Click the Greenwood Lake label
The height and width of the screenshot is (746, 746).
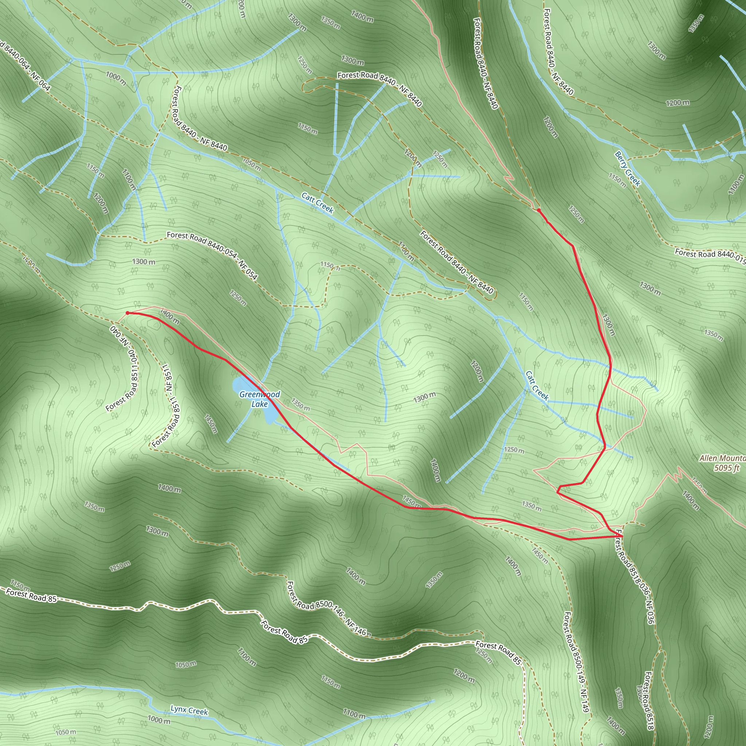(259, 399)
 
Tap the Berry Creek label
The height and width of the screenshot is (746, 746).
(628, 169)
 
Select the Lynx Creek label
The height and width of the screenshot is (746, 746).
(189, 710)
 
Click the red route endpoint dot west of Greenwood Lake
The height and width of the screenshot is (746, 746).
(127, 313)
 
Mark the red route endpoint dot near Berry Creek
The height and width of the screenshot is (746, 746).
(539, 210)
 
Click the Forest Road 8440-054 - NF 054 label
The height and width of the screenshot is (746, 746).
(212, 255)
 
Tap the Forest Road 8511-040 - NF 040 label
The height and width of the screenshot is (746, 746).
(124, 369)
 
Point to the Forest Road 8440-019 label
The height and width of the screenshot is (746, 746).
(710, 256)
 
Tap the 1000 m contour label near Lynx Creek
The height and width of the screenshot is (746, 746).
(159, 720)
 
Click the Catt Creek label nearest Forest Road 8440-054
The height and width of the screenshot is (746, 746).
(317, 203)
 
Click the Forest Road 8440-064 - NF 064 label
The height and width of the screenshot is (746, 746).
(25, 66)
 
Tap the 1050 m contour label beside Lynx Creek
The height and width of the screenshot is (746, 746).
(66, 732)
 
